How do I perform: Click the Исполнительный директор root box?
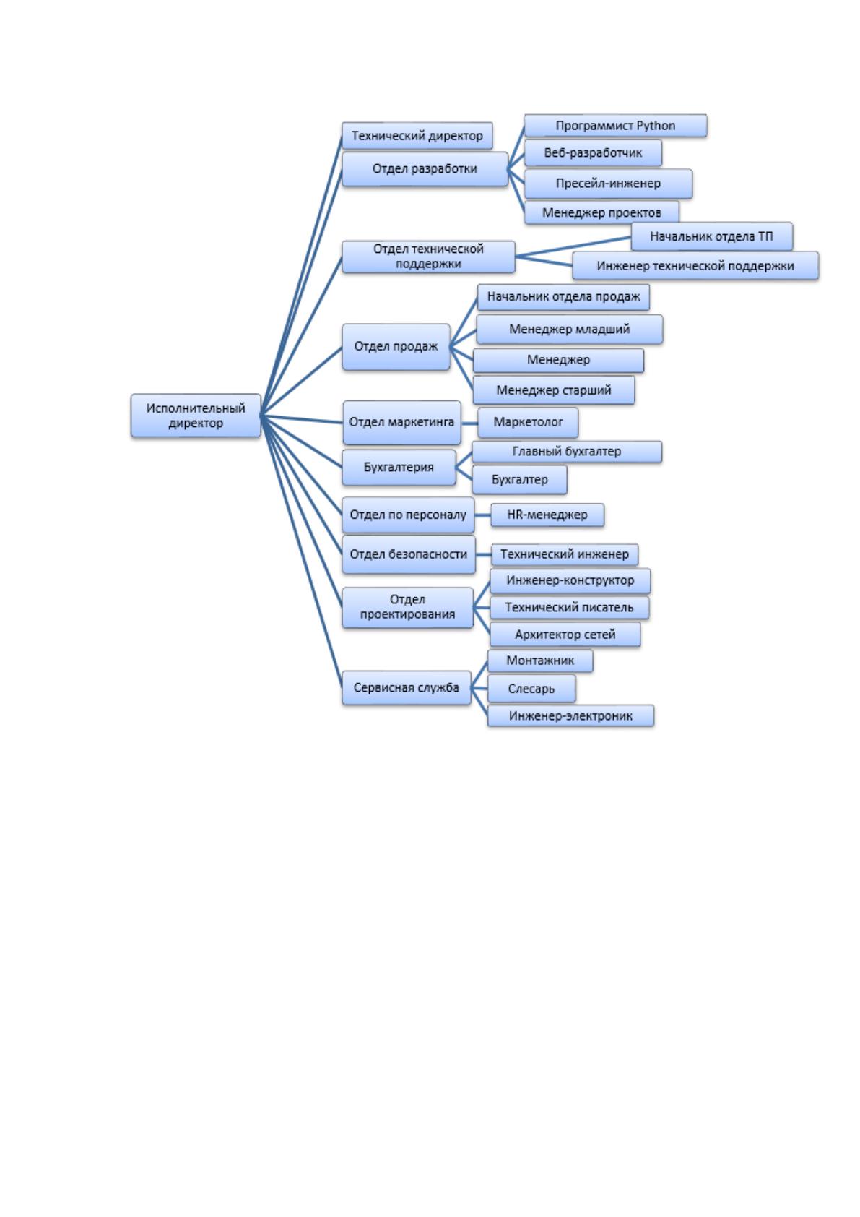point(196,415)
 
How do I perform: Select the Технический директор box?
point(417,135)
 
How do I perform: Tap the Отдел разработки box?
point(425,169)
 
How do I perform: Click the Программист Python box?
point(615,126)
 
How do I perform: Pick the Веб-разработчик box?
point(593,152)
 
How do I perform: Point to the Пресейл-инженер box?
point(608,184)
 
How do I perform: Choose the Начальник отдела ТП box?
point(711,236)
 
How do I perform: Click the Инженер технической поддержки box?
point(695,266)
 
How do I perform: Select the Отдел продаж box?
point(396,347)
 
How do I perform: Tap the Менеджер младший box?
point(570,330)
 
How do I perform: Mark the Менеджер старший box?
point(553,390)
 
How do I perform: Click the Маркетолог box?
point(528,422)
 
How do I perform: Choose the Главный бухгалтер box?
point(566,452)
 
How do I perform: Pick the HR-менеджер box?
point(547,515)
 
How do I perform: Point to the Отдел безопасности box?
point(408,554)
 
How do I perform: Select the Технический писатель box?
point(569,607)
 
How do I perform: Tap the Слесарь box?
point(531,689)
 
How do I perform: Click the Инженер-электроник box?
point(570,715)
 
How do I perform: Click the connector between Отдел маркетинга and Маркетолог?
point(469,423)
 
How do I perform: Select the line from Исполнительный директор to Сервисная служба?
point(301,551)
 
